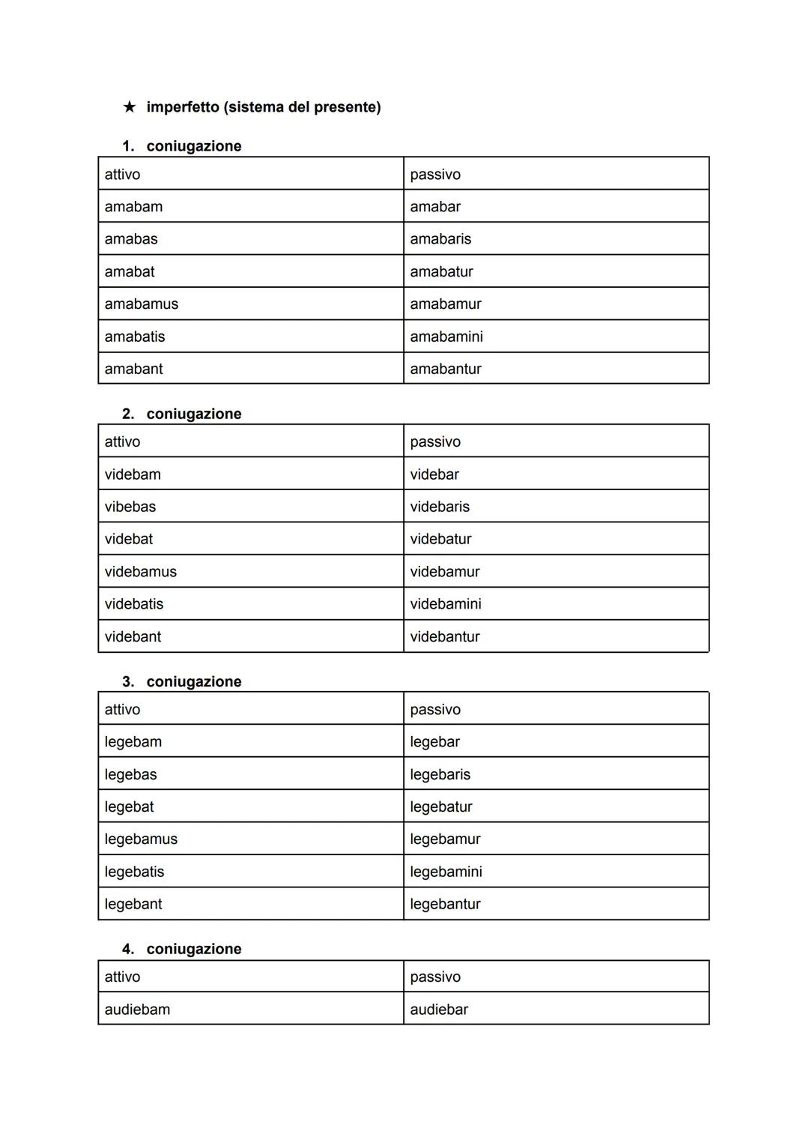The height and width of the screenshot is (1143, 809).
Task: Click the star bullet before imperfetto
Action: pos(130,107)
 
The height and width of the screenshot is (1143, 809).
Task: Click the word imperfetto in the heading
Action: pos(184,107)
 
